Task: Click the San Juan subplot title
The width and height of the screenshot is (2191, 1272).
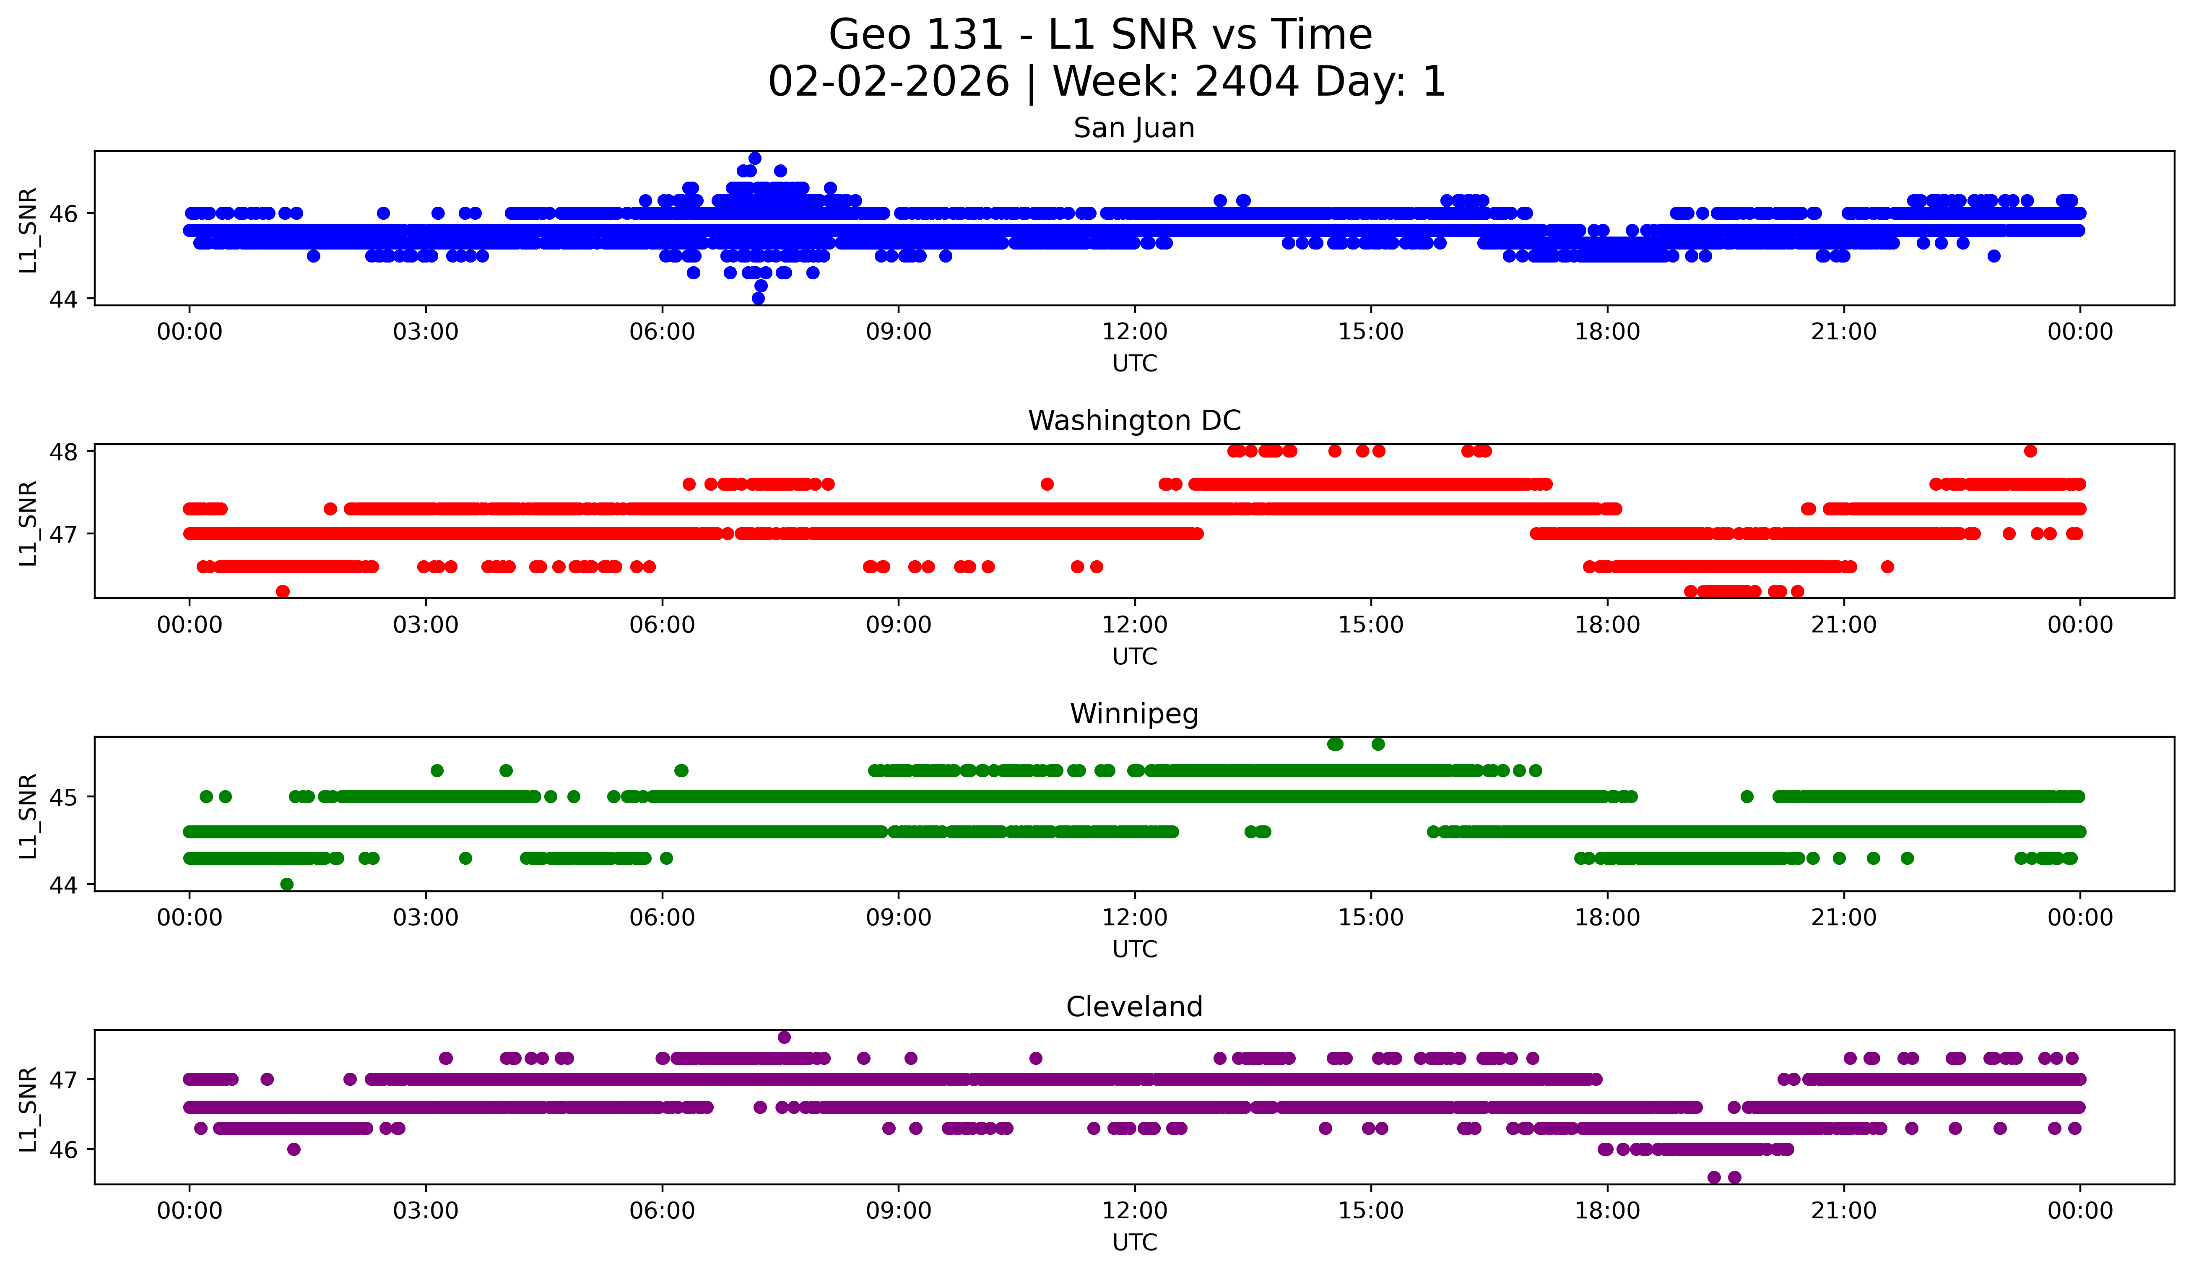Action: (x=1134, y=128)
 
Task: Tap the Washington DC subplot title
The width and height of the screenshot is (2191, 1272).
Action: (x=1134, y=421)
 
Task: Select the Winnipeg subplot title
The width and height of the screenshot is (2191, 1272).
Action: (x=1134, y=714)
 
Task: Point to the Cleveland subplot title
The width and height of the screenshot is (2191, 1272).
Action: (x=1134, y=1007)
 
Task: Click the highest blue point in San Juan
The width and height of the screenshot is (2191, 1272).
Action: (x=755, y=158)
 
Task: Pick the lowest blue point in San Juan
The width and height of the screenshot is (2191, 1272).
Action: (x=758, y=298)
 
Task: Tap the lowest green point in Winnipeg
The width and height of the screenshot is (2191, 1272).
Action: (x=287, y=884)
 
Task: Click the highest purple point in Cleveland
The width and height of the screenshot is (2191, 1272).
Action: (x=784, y=1037)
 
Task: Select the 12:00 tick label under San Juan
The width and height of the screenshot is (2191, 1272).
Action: (x=1134, y=332)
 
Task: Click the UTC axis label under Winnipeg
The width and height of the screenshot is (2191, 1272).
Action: (x=1134, y=949)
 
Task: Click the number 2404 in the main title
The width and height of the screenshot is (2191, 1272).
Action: (x=1247, y=82)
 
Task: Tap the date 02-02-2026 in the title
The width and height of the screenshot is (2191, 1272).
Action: (x=889, y=82)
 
